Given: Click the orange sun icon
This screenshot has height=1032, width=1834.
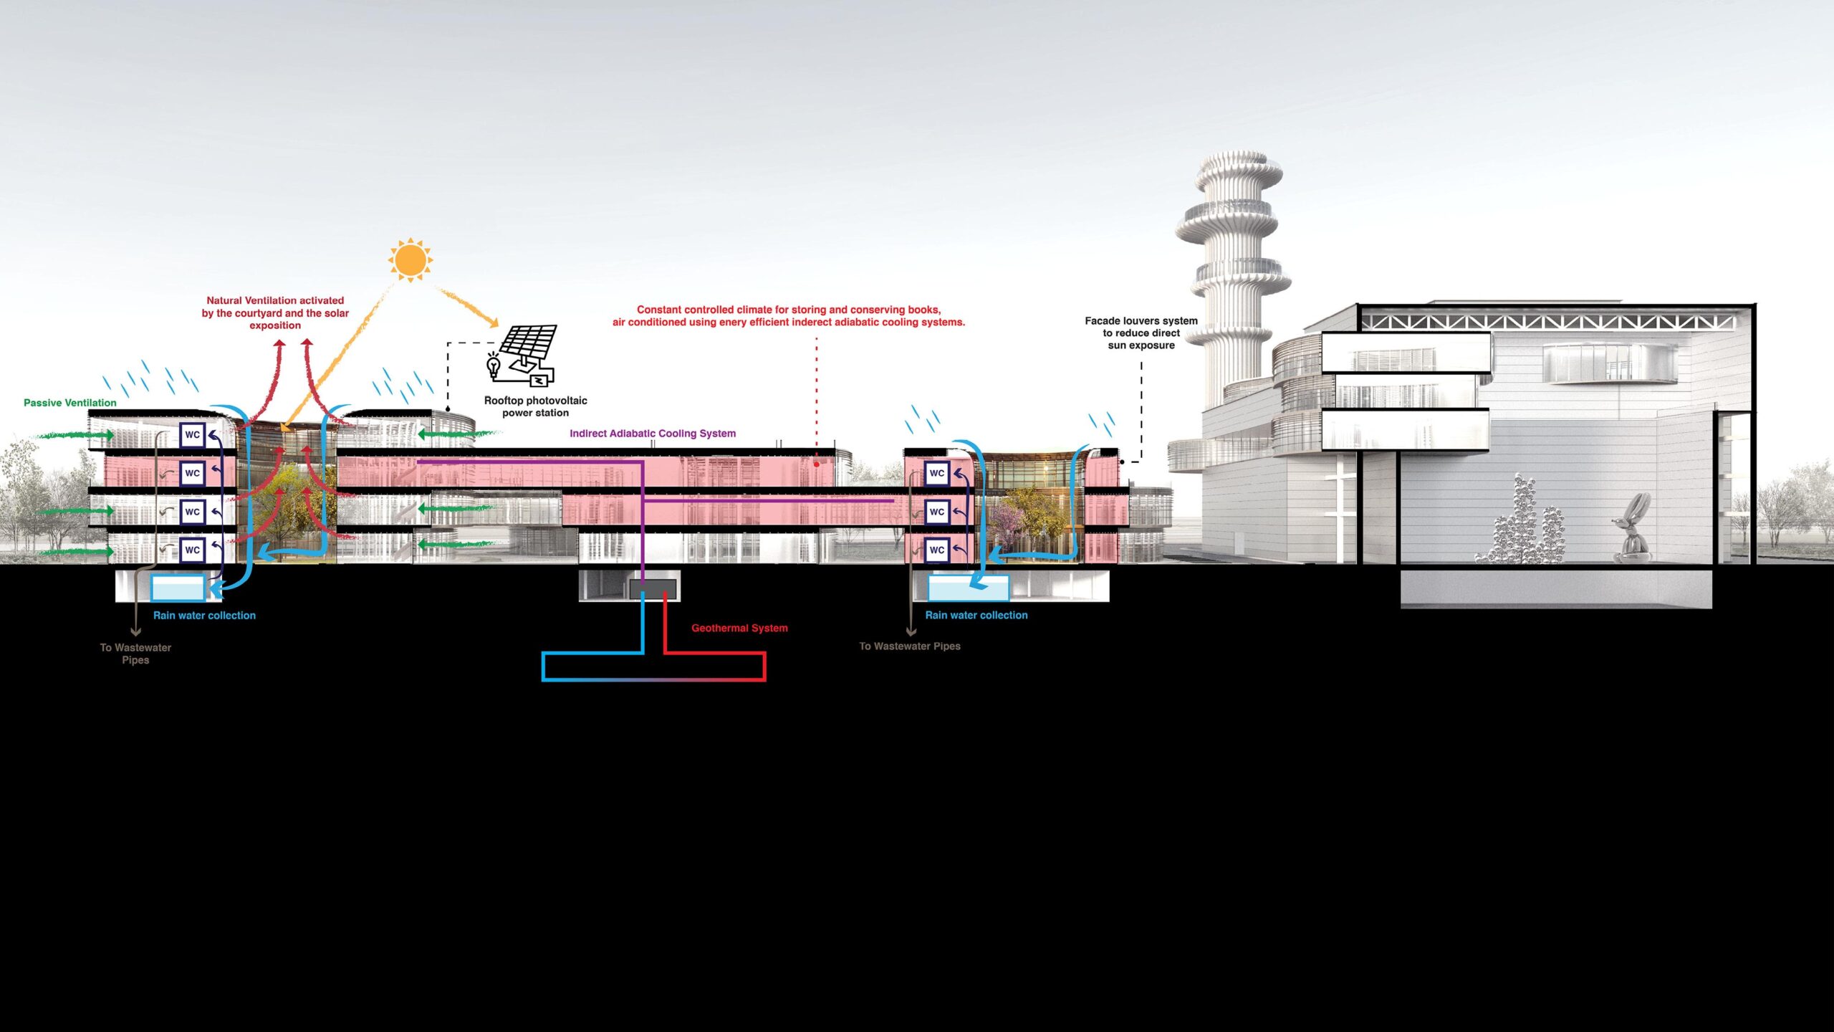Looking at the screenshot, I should [x=411, y=259].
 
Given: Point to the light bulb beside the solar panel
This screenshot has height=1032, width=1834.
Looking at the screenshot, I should [x=494, y=365].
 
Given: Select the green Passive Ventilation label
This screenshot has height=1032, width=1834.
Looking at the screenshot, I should [x=70, y=403].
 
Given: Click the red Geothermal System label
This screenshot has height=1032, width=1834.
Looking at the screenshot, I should [x=739, y=628].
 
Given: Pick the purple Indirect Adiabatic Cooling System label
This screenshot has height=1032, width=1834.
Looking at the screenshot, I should [x=653, y=434].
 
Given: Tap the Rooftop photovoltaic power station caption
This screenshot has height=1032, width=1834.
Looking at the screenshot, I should [x=536, y=406].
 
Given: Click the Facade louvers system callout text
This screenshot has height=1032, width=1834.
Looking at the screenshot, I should [x=1141, y=333].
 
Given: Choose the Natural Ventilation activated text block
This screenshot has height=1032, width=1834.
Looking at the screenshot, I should [x=275, y=313].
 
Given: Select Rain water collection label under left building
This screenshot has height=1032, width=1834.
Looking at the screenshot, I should [x=204, y=616].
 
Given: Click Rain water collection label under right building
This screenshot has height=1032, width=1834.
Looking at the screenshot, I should [x=976, y=615].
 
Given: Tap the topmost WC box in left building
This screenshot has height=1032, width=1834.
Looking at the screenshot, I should [x=192, y=435].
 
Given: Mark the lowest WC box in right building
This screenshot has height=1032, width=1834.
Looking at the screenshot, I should [x=936, y=550].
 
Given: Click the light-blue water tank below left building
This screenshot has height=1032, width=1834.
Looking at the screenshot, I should [x=178, y=588].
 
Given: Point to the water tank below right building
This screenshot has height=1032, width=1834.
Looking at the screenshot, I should [x=968, y=588].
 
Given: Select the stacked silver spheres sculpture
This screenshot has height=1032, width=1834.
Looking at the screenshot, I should [x=1519, y=523].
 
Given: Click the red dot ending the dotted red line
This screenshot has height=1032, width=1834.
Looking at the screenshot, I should [x=816, y=464].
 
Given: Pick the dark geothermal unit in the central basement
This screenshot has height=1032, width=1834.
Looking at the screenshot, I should [x=653, y=589].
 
